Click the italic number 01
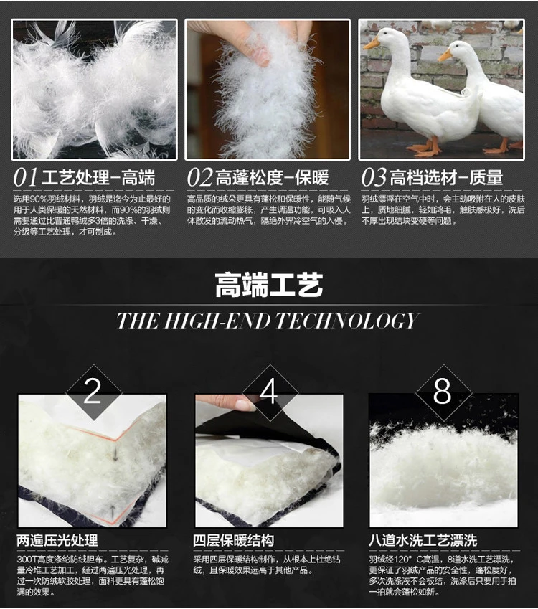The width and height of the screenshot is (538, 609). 25,177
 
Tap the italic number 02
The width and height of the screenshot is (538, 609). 199,177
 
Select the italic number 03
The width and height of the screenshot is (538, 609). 374,177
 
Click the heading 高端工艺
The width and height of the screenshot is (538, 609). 269,285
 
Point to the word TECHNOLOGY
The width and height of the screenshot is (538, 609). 347,321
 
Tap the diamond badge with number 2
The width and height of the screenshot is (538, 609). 93,392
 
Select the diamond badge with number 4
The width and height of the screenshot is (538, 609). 269,392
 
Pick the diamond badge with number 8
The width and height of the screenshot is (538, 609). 443,392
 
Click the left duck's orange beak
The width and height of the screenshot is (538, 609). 372,43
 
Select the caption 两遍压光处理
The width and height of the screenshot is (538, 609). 57,540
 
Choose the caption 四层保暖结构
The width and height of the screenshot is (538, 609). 233,540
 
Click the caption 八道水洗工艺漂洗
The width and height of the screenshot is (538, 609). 423,540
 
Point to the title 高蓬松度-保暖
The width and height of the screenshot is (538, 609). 272,177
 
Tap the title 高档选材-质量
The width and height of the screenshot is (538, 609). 446,177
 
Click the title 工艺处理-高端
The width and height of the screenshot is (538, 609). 98,177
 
